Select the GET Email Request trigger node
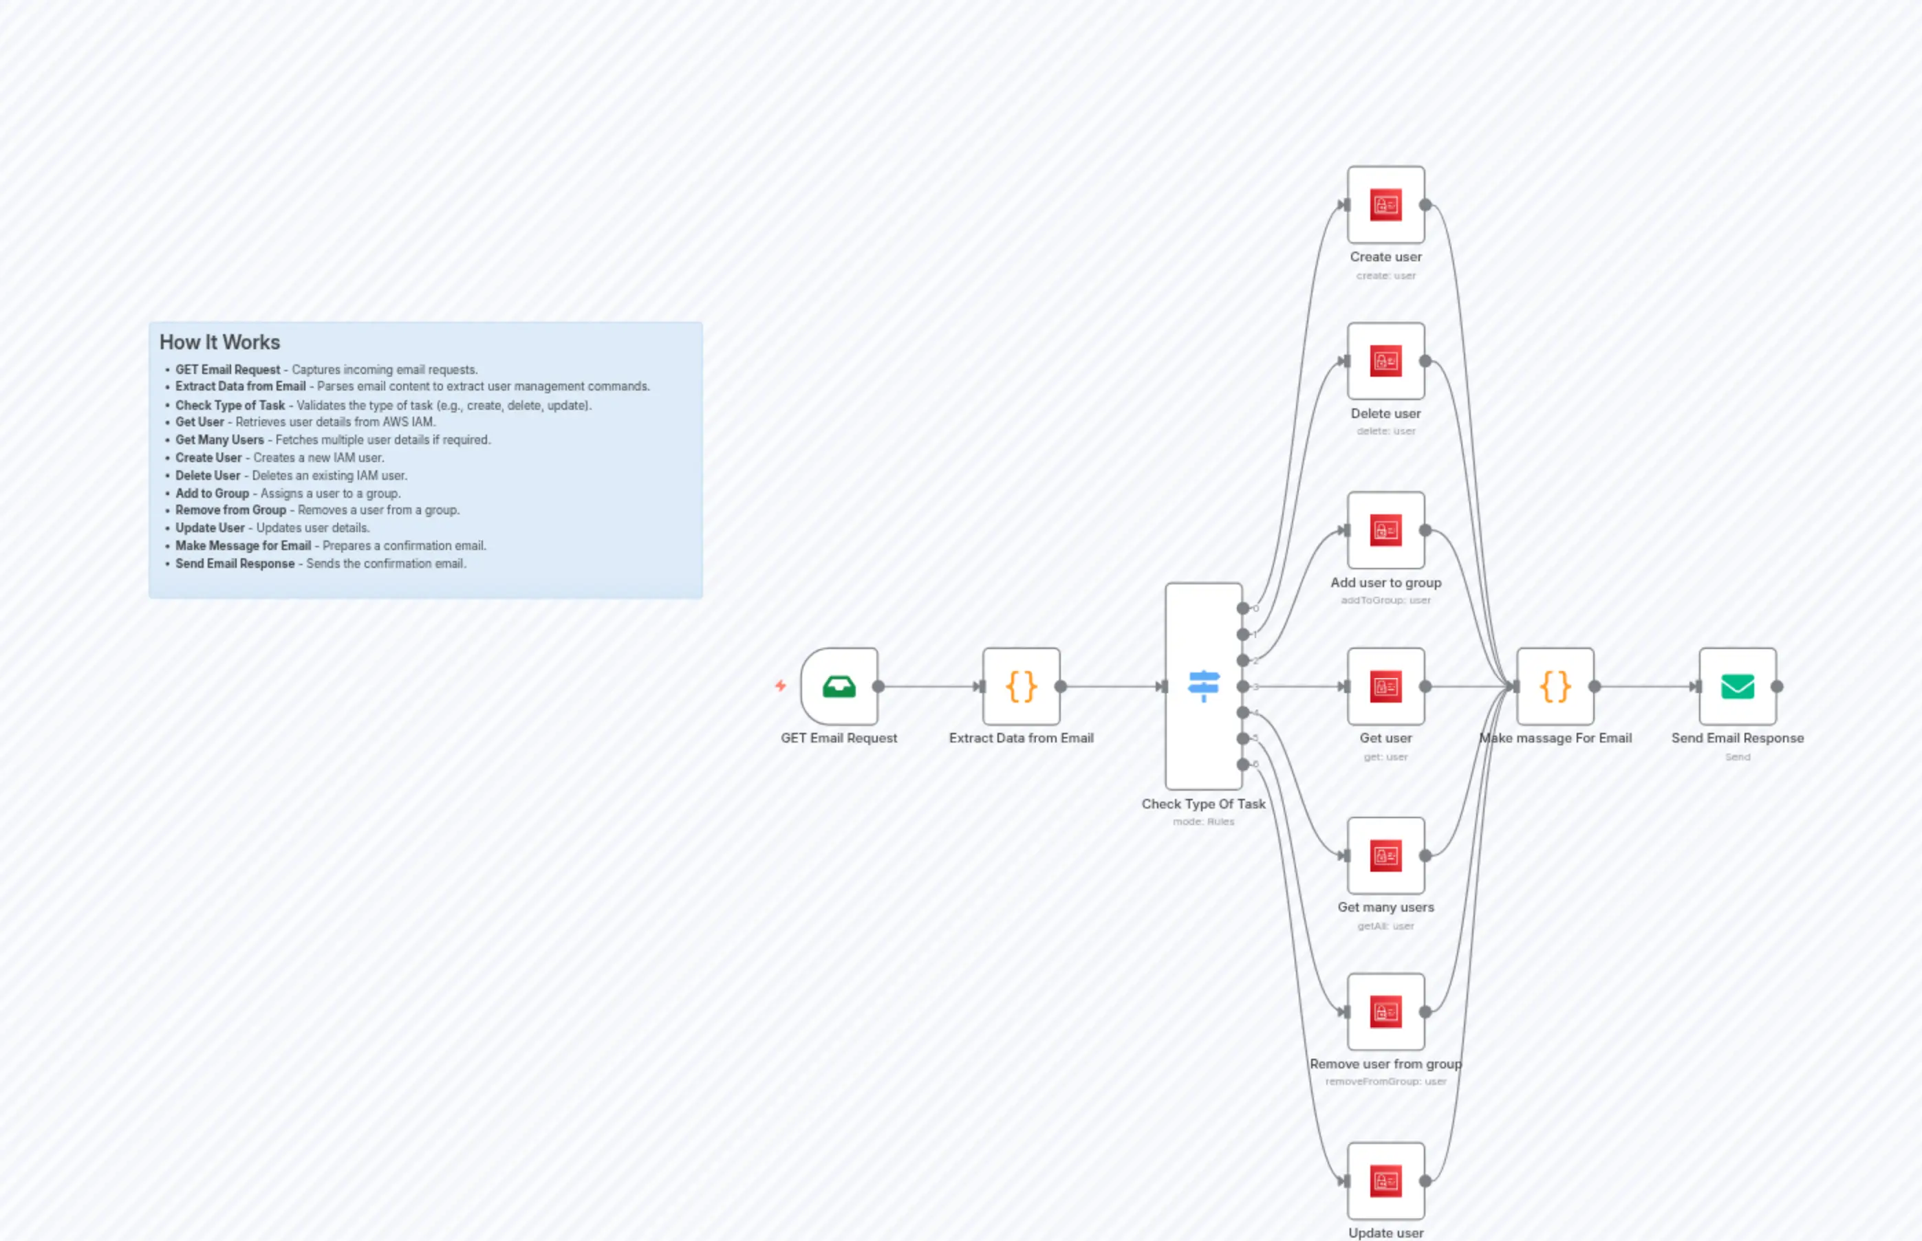(x=839, y=687)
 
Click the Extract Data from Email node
(x=1021, y=687)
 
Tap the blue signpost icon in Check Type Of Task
(x=1203, y=687)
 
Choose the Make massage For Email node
(x=1555, y=687)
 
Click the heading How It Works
(x=219, y=342)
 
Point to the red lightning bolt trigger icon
(x=780, y=685)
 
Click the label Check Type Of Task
(x=1203, y=804)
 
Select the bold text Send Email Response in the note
(x=235, y=564)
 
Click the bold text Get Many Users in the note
(x=219, y=440)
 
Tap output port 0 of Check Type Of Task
(x=1243, y=608)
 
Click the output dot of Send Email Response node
(x=1777, y=687)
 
